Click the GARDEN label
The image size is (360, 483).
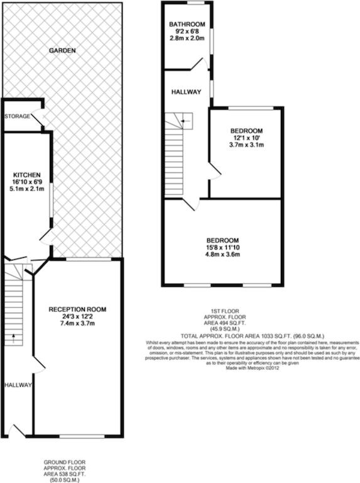62,50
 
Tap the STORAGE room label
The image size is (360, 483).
17,116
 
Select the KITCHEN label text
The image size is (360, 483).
27,175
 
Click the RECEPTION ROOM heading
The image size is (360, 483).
77,309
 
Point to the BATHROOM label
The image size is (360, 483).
187,25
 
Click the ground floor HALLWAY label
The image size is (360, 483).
18,385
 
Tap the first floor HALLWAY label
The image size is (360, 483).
186,92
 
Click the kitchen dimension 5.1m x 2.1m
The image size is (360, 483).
27,189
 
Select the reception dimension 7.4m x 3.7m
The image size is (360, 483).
77,323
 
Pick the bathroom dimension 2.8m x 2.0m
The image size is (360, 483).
187,38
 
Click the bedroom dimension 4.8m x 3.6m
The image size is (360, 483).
223,255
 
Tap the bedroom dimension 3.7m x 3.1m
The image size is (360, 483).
246,145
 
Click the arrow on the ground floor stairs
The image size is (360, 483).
14,338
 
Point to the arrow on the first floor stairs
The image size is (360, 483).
185,121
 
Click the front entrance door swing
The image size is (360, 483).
16,431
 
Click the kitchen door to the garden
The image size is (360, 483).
46,236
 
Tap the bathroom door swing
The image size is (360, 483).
199,64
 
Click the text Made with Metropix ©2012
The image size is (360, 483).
253,368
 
